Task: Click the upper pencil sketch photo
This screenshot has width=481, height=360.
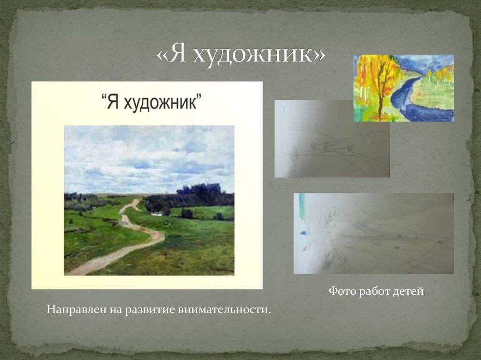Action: click(332, 139)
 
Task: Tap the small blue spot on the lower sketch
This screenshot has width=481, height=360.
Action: click(303, 232)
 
